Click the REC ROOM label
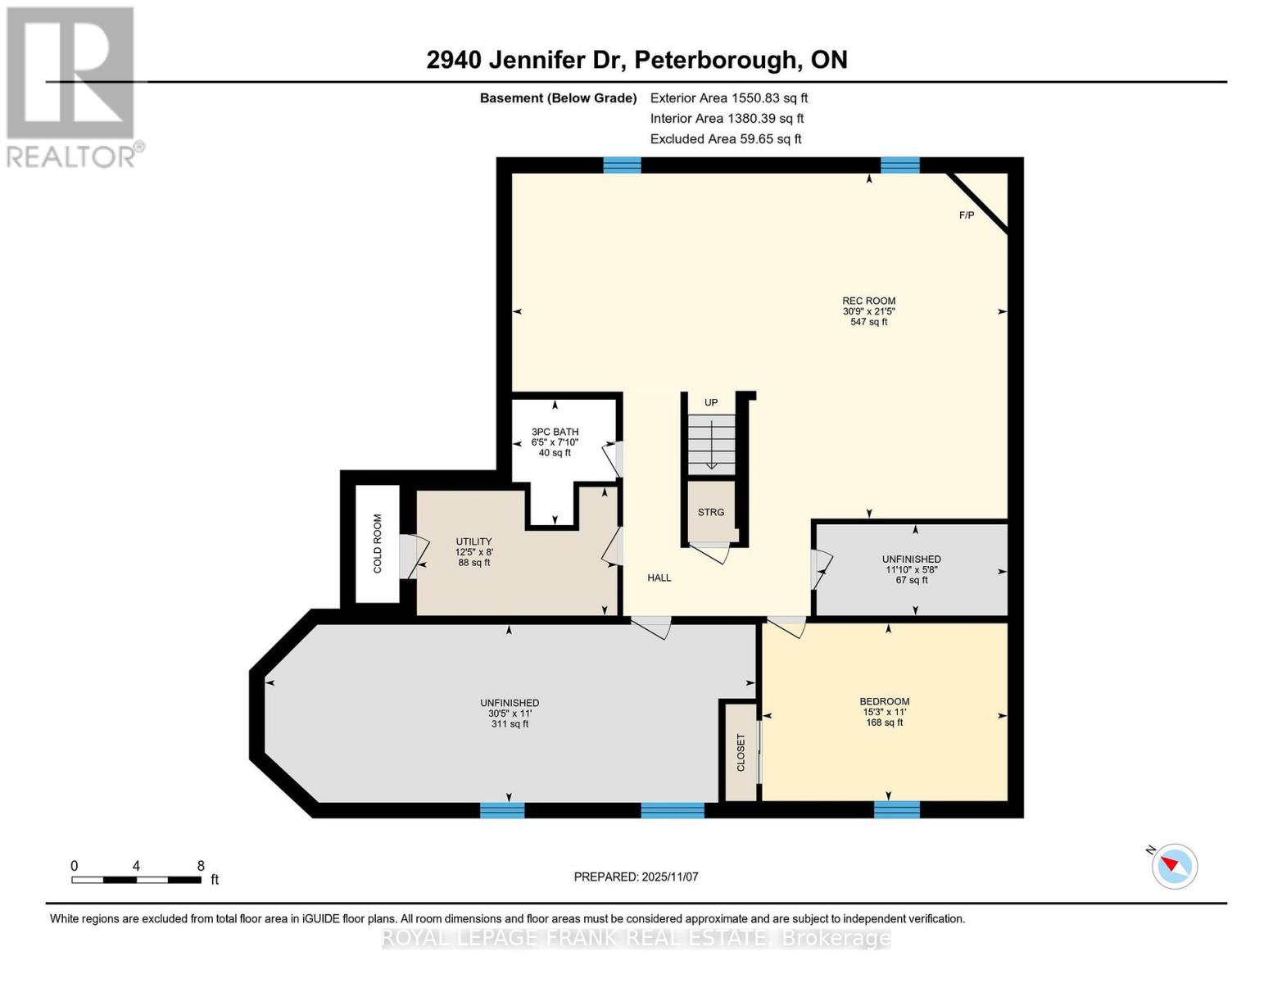click(x=869, y=301)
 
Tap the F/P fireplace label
click(x=967, y=215)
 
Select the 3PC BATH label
click(x=555, y=432)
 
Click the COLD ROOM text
click(x=378, y=543)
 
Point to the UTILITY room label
click(x=473, y=541)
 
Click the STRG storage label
click(x=711, y=512)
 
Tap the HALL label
click(x=659, y=578)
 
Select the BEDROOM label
click(x=884, y=701)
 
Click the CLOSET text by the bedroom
click(x=741, y=752)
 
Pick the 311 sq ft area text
click(x=510, y=724)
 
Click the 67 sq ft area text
click(x=912, y=580)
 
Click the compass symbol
click(x=1175, y=866)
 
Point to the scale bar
click(x=136, y=880)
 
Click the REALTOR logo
click(x=72, y=86)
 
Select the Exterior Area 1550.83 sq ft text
click(x=729, y=97)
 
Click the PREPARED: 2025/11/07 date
click(x=636, y=877)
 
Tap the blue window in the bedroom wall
click(x=896, y=809)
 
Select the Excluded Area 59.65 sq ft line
click(x=726, y=138)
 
